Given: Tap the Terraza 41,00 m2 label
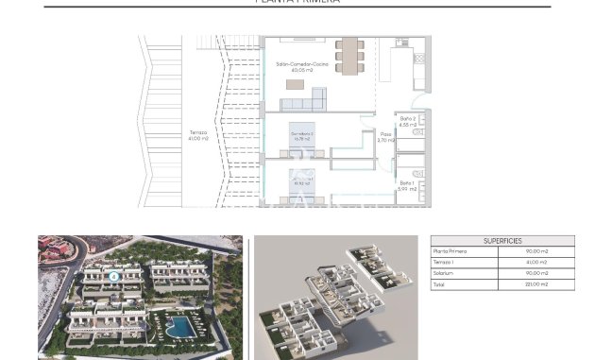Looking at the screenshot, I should click(x=197, y=135).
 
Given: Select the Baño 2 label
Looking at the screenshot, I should click(x=408, y=120).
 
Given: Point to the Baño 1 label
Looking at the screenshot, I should click(x=406, y=185).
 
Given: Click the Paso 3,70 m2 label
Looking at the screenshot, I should click(x=385, y=137).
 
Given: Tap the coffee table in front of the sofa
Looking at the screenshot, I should click(x=296, y=84).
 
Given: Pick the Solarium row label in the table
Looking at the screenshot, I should click(x=445, y=273).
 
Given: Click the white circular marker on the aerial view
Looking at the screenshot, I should click(x=112, y=277).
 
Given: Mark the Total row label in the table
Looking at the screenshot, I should click(x=440, y=284).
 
